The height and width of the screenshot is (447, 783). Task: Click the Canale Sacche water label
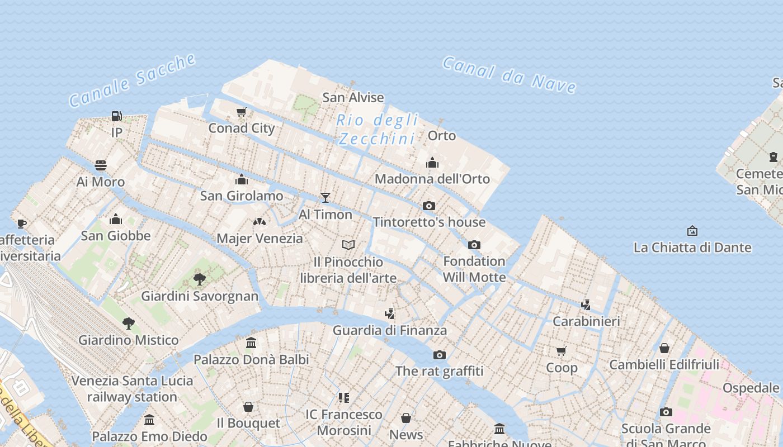click(133, 80)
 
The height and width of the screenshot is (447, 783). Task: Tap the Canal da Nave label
click(509, 74)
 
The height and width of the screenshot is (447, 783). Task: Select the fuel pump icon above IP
click(116, 116)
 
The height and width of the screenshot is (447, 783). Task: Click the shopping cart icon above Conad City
click(242, 112)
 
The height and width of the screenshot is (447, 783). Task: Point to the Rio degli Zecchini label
click(378, 129)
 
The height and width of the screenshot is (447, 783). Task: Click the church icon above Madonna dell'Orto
click(432, 163)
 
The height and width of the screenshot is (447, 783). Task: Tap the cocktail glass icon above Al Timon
click(326, 198)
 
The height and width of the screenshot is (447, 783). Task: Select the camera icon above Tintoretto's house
click(429, 206)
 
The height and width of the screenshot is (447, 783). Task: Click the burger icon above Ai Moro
click(101, 165)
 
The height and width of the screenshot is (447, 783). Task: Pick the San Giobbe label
click(116, 235)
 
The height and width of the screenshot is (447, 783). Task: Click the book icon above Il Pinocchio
click(348, 245)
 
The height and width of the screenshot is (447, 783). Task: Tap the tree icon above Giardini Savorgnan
click(200, 279)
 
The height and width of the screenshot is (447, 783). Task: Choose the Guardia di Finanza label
click(390, 330)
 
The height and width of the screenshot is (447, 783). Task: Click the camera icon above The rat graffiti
click(440, 355)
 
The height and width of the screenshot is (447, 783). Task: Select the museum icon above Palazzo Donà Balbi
click(251, 343)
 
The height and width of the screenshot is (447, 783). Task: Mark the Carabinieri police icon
click(586, 305)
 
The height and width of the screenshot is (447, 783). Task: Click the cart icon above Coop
click(562, 351)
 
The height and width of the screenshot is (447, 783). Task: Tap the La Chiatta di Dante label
click(692, 247)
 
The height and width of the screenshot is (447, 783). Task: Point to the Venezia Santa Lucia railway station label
click(132, 389)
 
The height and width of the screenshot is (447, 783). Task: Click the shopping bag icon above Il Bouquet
click(248, 407)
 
